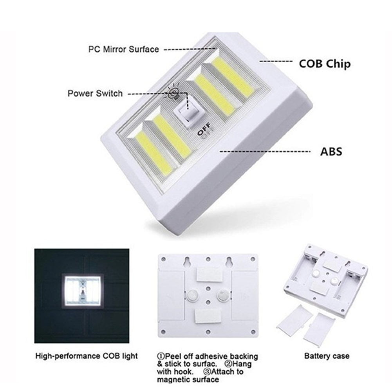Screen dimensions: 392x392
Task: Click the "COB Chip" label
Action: coord(325,63)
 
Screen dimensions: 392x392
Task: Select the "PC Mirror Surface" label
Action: coord(123,49)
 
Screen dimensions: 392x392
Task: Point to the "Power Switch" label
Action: coord(95,94)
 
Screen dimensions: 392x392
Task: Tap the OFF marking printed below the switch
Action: coord(204,131)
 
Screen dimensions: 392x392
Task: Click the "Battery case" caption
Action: coord(327,356)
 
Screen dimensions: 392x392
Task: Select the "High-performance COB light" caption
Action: coord(86,356)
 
